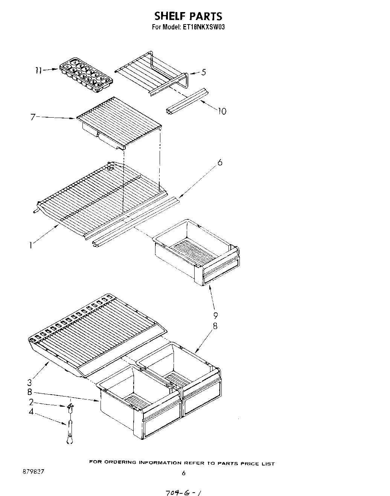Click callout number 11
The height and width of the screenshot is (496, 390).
pyautogui.click(x=38, y=70)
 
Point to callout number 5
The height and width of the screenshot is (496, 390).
pyautogui.click(x=204, y=72)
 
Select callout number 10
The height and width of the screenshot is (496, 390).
pyautogui.click(x=222, y=111)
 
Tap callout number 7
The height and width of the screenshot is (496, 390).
pyautogui.click(x=33, y=117)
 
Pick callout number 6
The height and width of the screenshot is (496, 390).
pyautogui.click(x=220, y=162)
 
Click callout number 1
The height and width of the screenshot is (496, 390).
pyautogui.click(x=30, y=245)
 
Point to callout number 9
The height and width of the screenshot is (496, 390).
pyautogui.click(x=216, y=315)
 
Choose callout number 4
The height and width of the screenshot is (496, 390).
pyautogui.click(x=31, y=412)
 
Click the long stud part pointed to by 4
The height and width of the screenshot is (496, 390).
pyautogui.click(x=69, y=432)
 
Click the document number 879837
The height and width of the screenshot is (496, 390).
pyautogui.click(x=34, y=472)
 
